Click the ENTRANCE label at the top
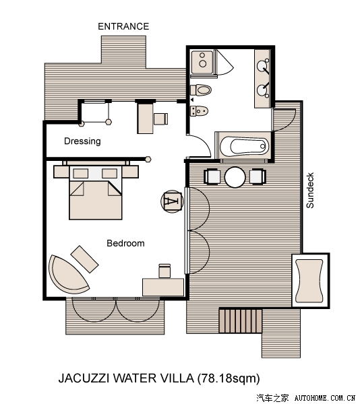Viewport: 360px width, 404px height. tap(123, 26)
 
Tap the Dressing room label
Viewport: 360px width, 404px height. tap(82, 141)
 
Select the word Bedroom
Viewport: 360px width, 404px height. tap(125, 243)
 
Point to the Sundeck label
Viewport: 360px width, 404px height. tap(310, 191)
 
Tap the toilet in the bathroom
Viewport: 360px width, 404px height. tap(201, 90)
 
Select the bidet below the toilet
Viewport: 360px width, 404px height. tap(199, 111)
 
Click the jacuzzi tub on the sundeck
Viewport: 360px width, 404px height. tap(310, 280)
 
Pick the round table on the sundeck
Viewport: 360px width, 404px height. tap(235, 177)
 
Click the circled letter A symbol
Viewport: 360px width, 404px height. tap(172, 201)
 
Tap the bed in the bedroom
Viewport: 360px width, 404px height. tap(96, 193)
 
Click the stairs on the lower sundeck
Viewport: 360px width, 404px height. tap(241, 321)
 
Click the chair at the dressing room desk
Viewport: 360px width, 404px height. tap(160, 119)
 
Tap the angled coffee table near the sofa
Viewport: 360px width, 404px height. tap(84, 259)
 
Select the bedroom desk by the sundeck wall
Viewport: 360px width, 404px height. tap(163, 287)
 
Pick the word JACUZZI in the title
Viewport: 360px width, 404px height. tap(84, 378)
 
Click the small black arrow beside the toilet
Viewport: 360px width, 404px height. tap(192, 100)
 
